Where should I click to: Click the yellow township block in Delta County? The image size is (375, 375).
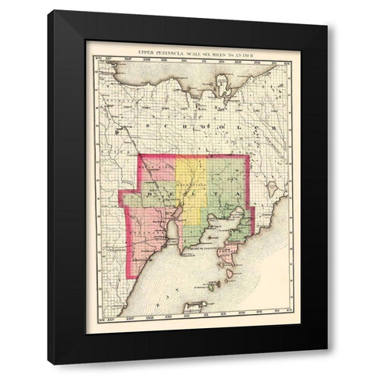tap(190, 180)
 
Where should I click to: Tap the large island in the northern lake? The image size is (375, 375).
tap(223, 80)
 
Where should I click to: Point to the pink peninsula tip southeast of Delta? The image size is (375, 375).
tap(230, 253)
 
